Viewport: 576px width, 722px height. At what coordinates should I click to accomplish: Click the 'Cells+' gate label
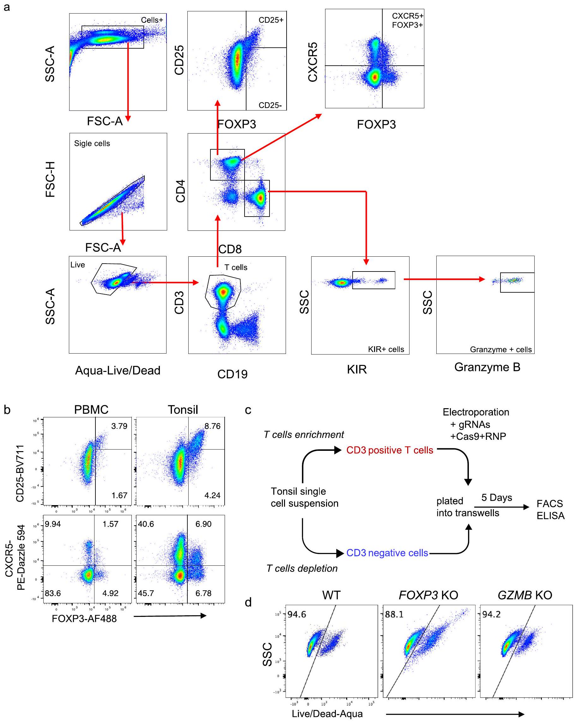(152, 20)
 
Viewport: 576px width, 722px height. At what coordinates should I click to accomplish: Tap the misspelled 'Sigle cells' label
(92, 143)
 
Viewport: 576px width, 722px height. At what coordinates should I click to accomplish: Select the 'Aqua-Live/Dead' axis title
(118, 370)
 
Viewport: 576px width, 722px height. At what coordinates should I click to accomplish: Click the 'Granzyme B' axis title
(487, 367)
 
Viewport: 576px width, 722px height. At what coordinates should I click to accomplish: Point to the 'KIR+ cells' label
(386, 349)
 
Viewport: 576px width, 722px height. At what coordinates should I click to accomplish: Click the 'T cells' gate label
(236, 267)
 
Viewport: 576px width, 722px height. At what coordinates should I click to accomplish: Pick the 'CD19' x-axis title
(232, 374)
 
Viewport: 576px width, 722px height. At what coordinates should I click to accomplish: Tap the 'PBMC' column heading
(91, 409)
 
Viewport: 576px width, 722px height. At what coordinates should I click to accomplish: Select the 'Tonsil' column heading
(183, 409)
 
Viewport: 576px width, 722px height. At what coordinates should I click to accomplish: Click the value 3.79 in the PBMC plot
(119, 426)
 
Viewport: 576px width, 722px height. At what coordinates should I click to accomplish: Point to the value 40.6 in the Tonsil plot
(146, 524)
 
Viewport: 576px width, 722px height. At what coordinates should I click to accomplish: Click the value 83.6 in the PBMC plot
(53, 593)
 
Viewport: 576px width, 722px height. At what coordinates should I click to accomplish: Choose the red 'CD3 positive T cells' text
(390, 450)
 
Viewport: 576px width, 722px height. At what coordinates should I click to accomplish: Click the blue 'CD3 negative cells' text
(387, 552)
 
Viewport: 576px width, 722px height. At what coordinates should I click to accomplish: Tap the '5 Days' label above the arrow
(497, 497)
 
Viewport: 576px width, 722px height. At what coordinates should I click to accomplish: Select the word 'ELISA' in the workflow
(550, 516)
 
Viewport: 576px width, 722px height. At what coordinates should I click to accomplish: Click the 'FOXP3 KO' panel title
(428, 595)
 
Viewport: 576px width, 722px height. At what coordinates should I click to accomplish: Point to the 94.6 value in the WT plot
(297, 614)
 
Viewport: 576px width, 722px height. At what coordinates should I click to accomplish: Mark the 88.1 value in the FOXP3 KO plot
(394, 614)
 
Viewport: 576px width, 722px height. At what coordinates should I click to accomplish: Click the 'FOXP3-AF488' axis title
(84, 618)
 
